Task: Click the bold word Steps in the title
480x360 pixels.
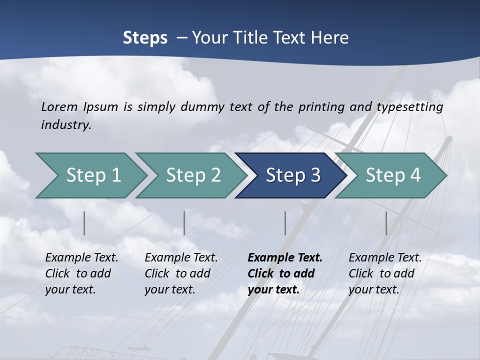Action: click(145, 38)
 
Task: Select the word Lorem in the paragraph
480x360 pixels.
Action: click(59, 106)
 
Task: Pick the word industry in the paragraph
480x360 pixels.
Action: click(66, 125)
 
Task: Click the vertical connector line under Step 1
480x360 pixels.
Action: click(84, 223)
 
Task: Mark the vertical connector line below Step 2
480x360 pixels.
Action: click(184, 223)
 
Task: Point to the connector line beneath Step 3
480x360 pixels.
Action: click(285, 223)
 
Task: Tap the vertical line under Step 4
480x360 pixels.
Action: click(386, 223)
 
